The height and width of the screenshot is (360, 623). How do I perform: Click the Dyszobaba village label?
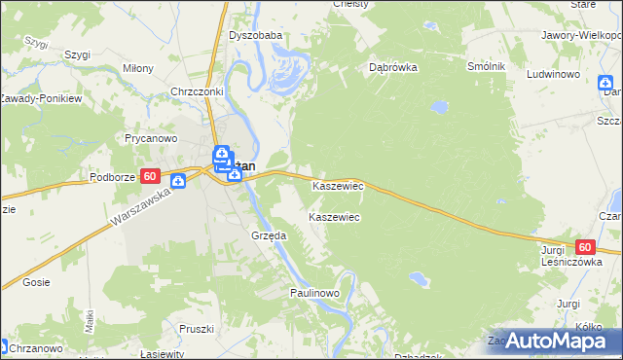(255, 35)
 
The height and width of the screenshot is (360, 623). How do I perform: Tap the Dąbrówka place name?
(393, 68)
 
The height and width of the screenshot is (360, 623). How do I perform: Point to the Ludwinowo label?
(554, 74)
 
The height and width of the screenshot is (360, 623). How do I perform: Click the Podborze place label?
(112, 177)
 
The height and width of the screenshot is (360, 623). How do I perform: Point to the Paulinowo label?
(313, 292)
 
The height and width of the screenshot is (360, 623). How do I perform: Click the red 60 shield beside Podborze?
(149, 176)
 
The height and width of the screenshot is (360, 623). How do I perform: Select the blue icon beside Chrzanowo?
(5, 345)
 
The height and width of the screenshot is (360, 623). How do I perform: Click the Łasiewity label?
(161, 354)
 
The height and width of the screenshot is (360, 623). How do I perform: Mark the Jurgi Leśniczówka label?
(566, 256)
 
